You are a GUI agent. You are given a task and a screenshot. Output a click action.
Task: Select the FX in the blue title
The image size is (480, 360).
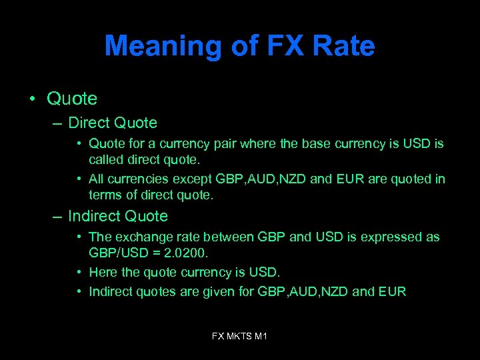285,47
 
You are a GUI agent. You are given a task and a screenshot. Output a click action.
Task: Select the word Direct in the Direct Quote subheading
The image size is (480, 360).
89,123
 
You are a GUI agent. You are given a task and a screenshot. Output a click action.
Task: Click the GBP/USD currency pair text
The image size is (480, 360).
118,253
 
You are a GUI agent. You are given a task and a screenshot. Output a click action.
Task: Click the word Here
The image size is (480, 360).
102,272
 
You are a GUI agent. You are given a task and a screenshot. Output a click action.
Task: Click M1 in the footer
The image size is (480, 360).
261,336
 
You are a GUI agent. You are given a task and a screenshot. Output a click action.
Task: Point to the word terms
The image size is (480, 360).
105,195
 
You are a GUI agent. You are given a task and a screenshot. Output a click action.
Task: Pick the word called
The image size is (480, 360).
105,159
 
